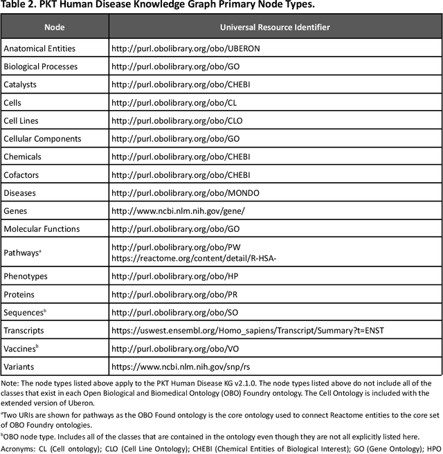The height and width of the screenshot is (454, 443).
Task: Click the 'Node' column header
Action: (x=54, y=27)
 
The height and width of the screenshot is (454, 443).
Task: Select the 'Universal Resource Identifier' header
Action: (x=274, y=27)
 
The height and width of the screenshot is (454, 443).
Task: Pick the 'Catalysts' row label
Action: (x=21, y=84)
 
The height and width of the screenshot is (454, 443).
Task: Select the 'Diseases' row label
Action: (x=20, y=192)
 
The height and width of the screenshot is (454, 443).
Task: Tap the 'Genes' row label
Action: (x=16, y=210)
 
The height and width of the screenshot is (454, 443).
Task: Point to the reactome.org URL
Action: (x=195, y=258)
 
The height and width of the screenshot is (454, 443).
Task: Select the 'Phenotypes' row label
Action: (x=26, y=276)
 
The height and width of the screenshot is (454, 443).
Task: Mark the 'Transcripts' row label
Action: (x=25, y=330)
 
